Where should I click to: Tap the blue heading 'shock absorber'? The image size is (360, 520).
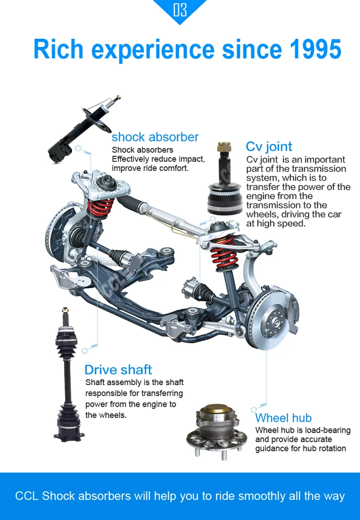(155, 137)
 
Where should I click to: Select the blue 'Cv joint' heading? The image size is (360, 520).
(269, 146)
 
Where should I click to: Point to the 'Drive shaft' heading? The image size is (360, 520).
(118, 370)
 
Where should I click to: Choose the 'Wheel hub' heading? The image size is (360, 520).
(283, 418)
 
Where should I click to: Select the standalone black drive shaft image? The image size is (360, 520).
(67, 375)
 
